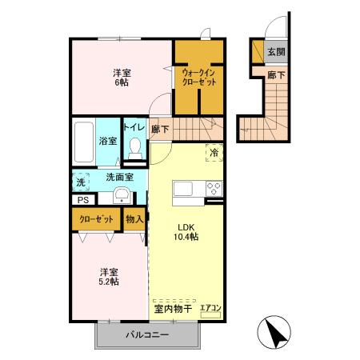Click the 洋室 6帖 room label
click(122, 77)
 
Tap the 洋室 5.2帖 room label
click(110, 276)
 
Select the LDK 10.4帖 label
click(187, 231)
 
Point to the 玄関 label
click(276, 52)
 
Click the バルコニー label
click(146, 335)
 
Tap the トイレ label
click(133, 127)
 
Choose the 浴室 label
click(107, 142)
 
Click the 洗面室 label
click(118, 178)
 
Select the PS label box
click(82, 201)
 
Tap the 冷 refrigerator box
click(214, 151)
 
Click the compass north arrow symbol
click(272, 330)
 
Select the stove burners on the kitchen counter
click(214, 189)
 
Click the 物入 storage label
click(134, 218)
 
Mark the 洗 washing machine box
click(80, 182)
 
